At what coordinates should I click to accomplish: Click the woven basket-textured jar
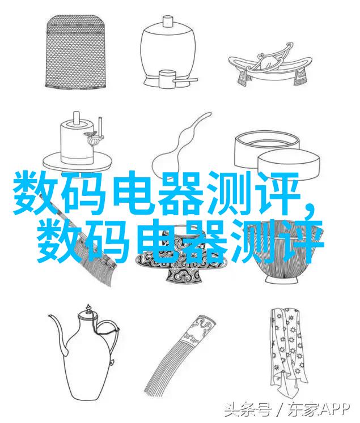[x=75, y=51]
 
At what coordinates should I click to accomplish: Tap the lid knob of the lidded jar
[x=167, y=21]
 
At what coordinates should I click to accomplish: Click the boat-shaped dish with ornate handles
[x=268, y=65]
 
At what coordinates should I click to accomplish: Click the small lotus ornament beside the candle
[x=91, y=138]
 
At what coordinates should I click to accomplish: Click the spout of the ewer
[x=58, y=335]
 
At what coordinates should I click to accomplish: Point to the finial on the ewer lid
[x=88, y=309]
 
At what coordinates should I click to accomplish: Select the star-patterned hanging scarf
[x=288, y=349]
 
